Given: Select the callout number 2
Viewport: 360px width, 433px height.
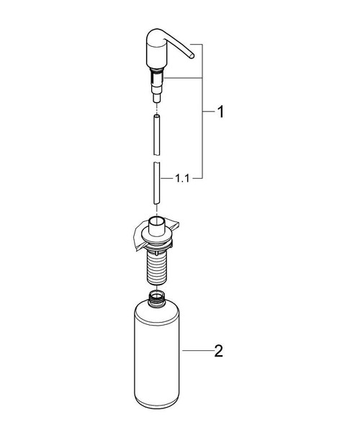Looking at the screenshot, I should pyautogui.click(x=219, y=352).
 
